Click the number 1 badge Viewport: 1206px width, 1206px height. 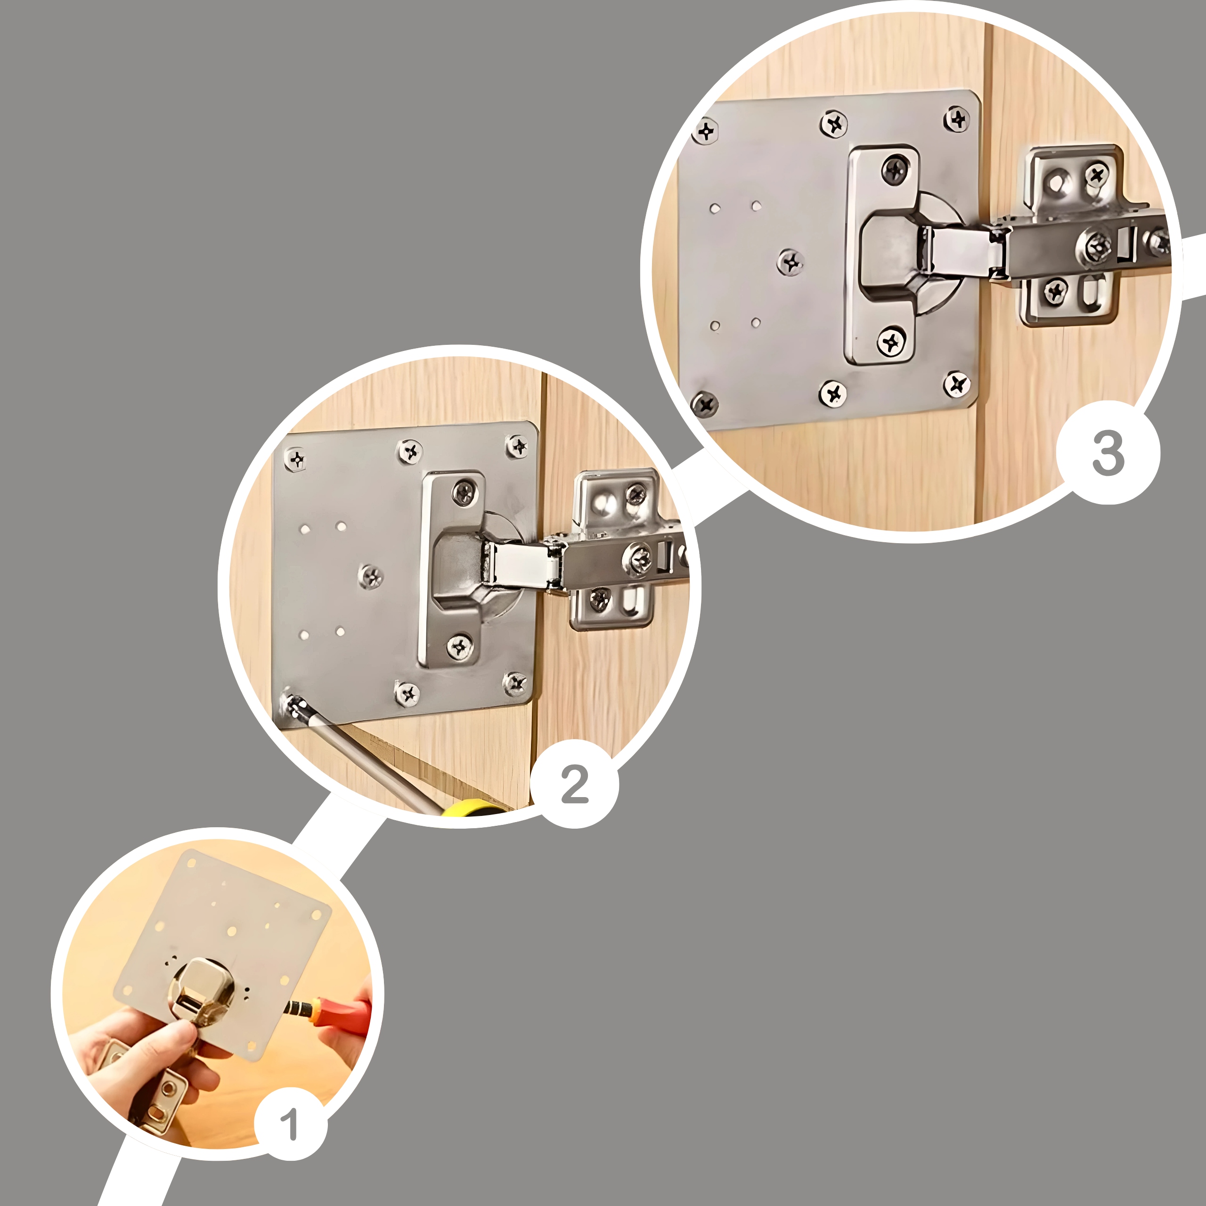[x=290, y=1125]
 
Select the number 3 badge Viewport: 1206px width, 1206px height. [x=1108, y=453]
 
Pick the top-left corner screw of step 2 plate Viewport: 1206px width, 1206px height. [x=296, y=459]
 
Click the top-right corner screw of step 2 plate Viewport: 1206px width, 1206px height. [x=517, y=446]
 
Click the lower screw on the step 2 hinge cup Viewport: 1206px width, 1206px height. [x=459, y=647]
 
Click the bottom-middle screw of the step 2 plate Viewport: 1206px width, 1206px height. [x=407, y=693]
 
